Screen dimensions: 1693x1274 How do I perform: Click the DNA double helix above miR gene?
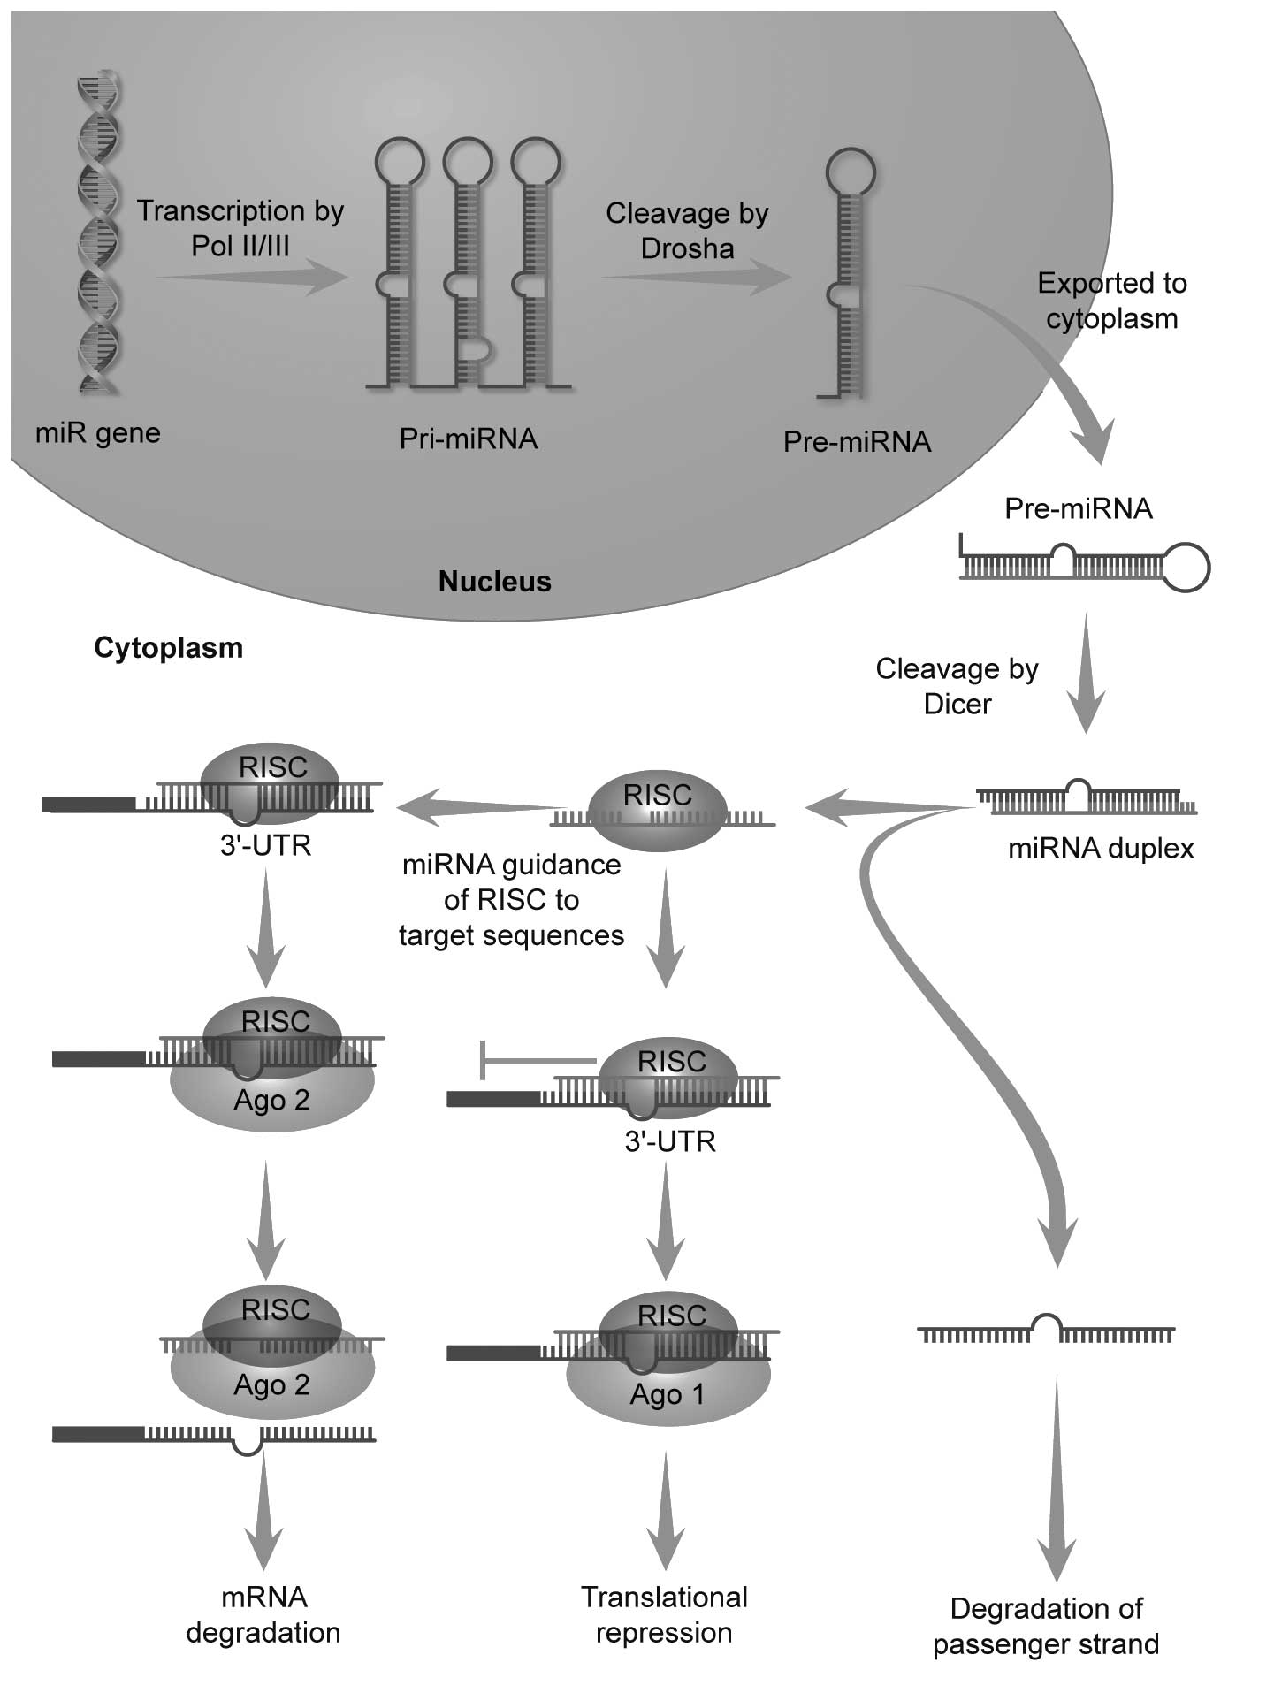[x=99, y=234]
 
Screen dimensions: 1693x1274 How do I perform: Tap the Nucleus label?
[x=494, y=582]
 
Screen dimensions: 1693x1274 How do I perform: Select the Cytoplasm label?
[x=168, y=648]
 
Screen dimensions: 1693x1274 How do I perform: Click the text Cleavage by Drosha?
[x=687, y=231]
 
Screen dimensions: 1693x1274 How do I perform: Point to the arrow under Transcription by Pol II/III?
[x=253, y=278]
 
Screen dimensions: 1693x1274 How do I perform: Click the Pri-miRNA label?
[x=468, y=439]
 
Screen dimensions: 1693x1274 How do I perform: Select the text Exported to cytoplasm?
[x=1111, y=301]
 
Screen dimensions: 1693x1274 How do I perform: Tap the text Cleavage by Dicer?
[x=957, y=686]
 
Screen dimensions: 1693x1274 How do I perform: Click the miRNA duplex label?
[x=1101, y=849]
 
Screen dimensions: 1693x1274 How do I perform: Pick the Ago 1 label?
[x=668, y=1394]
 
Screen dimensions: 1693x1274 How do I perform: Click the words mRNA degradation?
[x=263, y=1614]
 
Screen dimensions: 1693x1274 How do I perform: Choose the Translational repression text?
[x=664, y=1614]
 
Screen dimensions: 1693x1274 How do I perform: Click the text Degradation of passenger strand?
[x=1046, y=1626]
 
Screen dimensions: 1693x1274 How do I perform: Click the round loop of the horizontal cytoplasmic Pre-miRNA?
[x=1185, y=567]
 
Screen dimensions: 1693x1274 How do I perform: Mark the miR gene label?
[x=98, y=433]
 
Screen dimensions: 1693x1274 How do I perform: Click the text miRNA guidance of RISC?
[x=511, y=900]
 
